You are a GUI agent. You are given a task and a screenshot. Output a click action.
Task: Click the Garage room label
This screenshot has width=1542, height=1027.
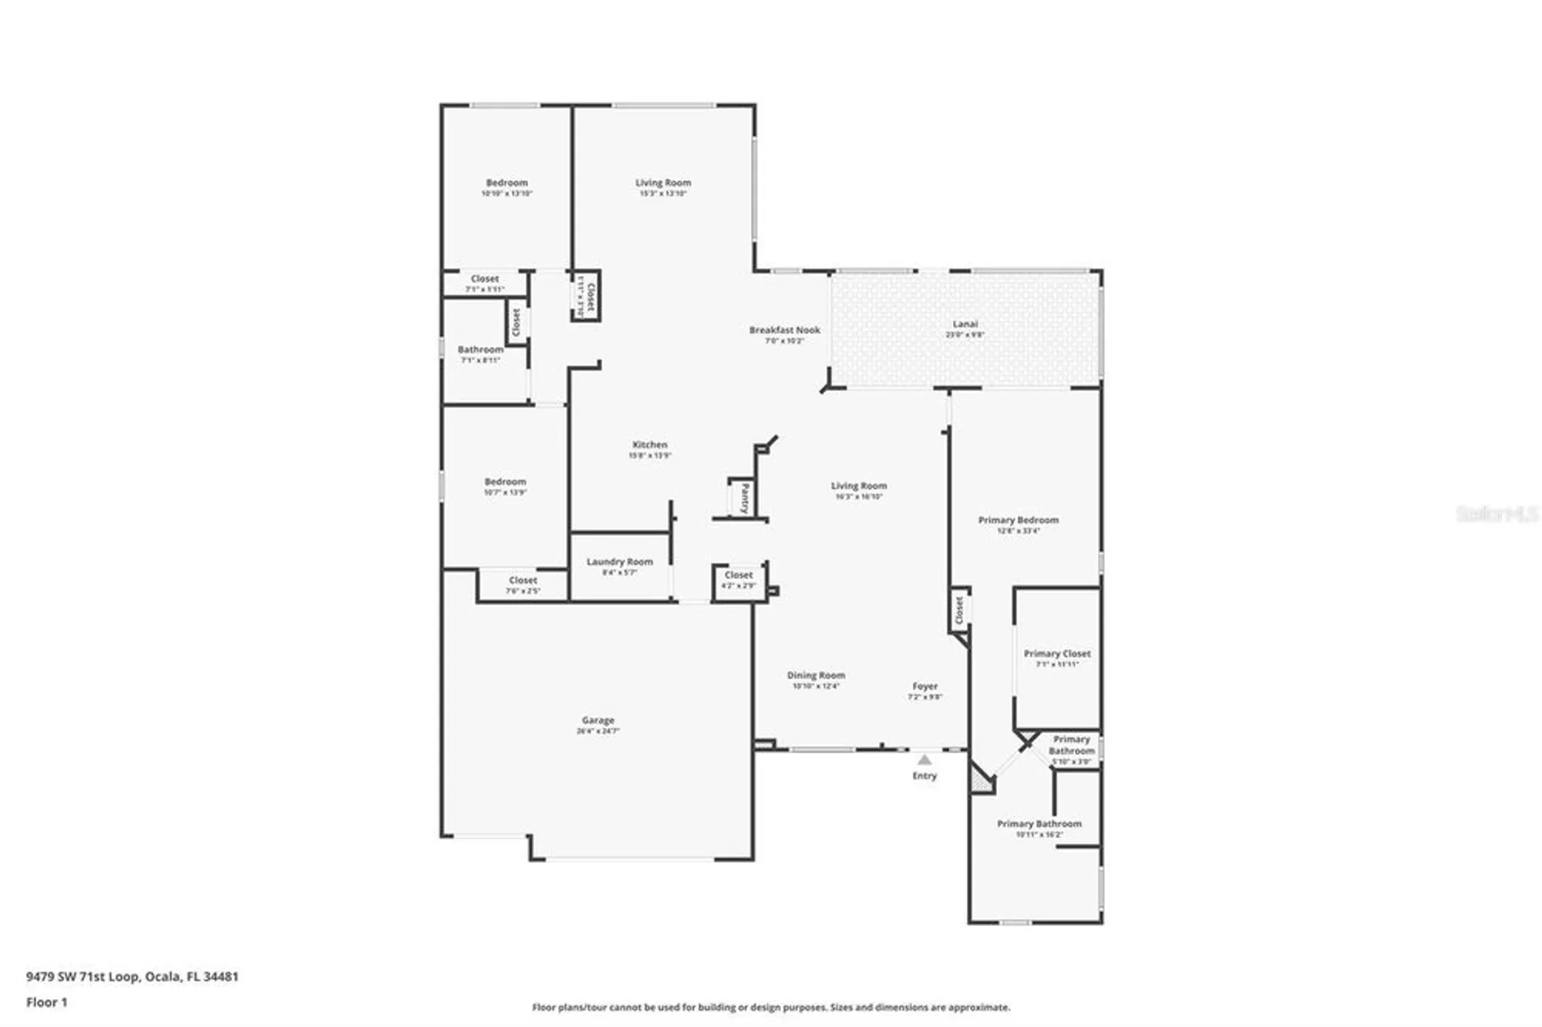[x=598, y=721]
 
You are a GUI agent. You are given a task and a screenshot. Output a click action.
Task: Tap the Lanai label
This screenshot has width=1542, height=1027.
[x=965, y=325]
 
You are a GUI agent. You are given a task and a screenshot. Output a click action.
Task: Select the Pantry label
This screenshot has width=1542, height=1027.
[x=745, y=497]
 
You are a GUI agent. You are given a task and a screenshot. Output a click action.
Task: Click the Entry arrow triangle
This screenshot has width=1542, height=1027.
[x=924, y=760]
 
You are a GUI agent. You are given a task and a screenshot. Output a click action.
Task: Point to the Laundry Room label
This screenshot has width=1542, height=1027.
[x=619, y=562]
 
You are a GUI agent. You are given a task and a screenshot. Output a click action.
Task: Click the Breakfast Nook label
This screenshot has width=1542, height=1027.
[x=784, y=330]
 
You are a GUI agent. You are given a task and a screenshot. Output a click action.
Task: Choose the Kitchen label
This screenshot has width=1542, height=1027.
[x=649, y=445]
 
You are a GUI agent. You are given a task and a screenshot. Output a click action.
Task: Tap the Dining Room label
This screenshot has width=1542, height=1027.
[x=816, y=675]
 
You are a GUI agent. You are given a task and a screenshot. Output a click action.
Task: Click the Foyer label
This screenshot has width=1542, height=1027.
[x=924, y=686]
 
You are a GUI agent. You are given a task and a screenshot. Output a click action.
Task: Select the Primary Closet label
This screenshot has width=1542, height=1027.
[x=1056, y=654]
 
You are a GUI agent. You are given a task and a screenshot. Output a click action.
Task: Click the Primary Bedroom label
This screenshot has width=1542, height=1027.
[x=1018, y=520]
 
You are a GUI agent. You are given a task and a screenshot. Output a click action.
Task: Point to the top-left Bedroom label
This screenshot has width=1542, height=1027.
[x=507, y=184]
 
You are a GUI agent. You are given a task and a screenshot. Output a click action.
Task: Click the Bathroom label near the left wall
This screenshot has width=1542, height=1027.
[x=480, y=350]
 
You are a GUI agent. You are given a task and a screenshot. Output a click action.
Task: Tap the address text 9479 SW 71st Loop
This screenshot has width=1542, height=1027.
[x=132, y=976]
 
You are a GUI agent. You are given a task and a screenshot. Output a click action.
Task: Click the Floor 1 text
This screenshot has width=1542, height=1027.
[x=46, y=1002]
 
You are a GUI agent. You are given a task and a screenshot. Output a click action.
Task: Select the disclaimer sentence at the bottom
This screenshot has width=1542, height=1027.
[x=770, y=1007]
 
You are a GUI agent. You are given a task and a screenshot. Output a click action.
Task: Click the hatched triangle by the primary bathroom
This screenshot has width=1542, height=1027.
[x=981, y=781]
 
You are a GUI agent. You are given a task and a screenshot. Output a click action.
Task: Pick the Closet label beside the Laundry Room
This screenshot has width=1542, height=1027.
[x=523, y=581]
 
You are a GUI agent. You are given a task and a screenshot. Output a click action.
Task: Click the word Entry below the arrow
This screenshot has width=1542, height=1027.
[x=924, y=776]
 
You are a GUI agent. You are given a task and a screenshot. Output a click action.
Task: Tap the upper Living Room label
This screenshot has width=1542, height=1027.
[x=662, y=184]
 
